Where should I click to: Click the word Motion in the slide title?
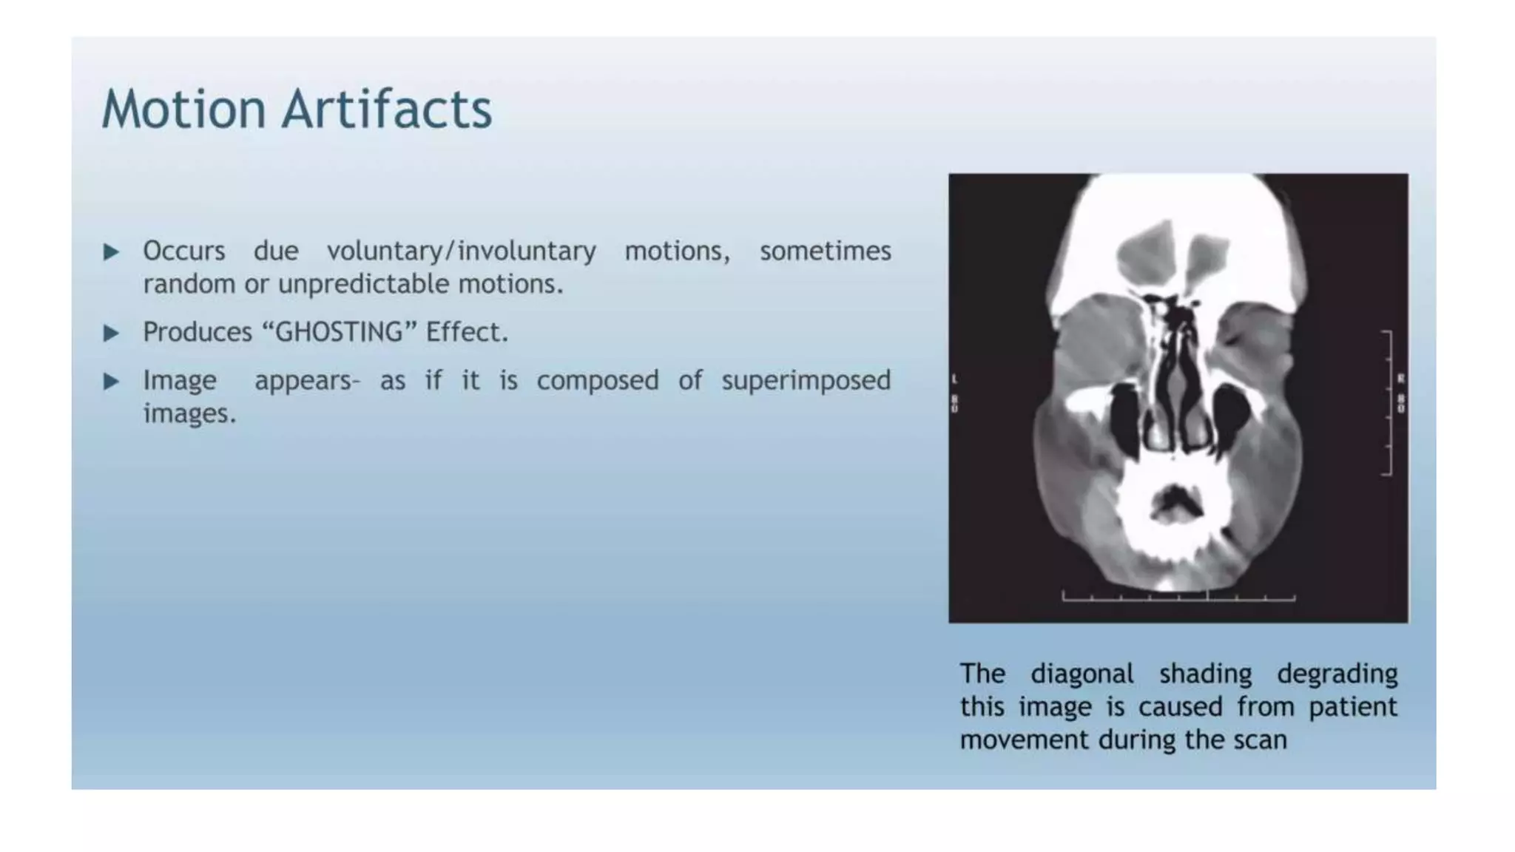pyautogui.click(x=183, y=109)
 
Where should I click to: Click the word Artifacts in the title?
pyautogui.click(x=386, y=109)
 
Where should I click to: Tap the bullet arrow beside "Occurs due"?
pyautogui.click(x=112, y=252)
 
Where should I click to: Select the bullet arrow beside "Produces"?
pyautogui.click(x=112, y=334)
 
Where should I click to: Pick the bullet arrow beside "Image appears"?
pyautogui.click(x=112, y=382)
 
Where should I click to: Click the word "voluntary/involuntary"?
pyautogui.click(x=462, y=251)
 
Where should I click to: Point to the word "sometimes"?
pyautogui.click(x=825, y=251)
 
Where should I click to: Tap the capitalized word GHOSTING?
pyautogui.click(x=340, y=333)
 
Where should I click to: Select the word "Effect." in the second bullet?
pyautogui.click(x=467, y=333)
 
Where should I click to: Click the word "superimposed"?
pyautogui.click(x=806, y=381)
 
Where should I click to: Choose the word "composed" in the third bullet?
pyautogui.click(x=597, y=381)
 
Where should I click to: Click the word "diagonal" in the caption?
pyautogui.click(x=1082, y=674)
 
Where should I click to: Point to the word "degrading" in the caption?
pyautogui.click(x=1337, y=674)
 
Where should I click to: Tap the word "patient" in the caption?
pyautogui.click(x=1352, y=707)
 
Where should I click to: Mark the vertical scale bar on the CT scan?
pyautogui.click(x=1389, y=403)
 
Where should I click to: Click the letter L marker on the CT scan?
pyautogui.click(x=955, y=379)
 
